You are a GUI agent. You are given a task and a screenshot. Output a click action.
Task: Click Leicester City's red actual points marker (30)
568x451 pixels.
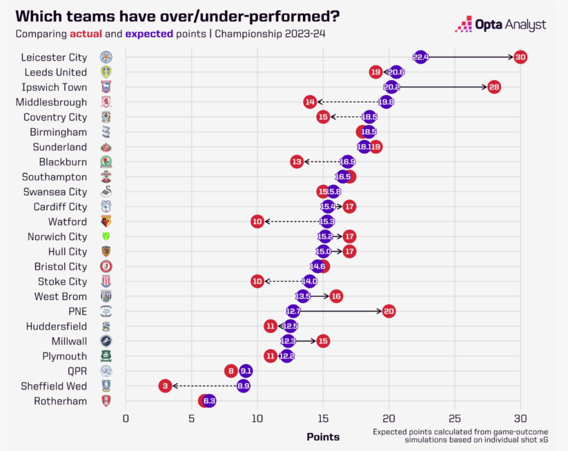pos(521,57)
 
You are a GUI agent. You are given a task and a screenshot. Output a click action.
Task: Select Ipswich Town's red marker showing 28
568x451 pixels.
pos(494,87)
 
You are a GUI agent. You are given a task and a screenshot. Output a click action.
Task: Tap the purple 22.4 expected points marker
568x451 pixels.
pos(420,57)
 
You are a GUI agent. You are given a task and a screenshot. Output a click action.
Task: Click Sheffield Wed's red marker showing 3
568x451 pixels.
pos(165,386)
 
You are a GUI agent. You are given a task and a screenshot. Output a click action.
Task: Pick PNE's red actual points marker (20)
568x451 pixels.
pos(389,311)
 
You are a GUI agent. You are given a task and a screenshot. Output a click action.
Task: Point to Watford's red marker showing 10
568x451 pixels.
pos(257,222)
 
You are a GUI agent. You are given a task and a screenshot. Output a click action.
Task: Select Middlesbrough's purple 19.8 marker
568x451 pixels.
pos(386,102)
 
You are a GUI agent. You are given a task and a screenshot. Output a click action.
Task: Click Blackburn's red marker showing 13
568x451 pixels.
pos(296,162)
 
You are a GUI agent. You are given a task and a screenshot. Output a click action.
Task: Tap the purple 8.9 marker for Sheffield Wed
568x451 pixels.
pos(243,386)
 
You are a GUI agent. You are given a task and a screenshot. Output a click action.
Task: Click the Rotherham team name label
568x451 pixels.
pos(60,401)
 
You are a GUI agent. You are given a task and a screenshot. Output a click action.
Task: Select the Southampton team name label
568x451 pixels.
pos(54,177)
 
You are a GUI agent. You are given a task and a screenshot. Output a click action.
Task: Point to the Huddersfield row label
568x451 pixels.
pos(56,327)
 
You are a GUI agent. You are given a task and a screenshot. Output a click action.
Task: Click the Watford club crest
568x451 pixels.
pos(106,222)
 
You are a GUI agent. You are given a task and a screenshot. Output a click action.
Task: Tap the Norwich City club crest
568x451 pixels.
pos(106,237)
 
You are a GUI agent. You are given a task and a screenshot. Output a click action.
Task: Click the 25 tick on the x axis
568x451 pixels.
pos(454,419)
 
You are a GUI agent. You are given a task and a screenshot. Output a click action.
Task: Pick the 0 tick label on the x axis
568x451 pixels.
pos(126,419)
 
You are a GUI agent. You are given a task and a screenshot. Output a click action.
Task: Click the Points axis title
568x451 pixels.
pos(323,437)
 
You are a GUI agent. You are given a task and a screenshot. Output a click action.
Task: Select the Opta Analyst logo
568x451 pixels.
pos(501,25)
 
